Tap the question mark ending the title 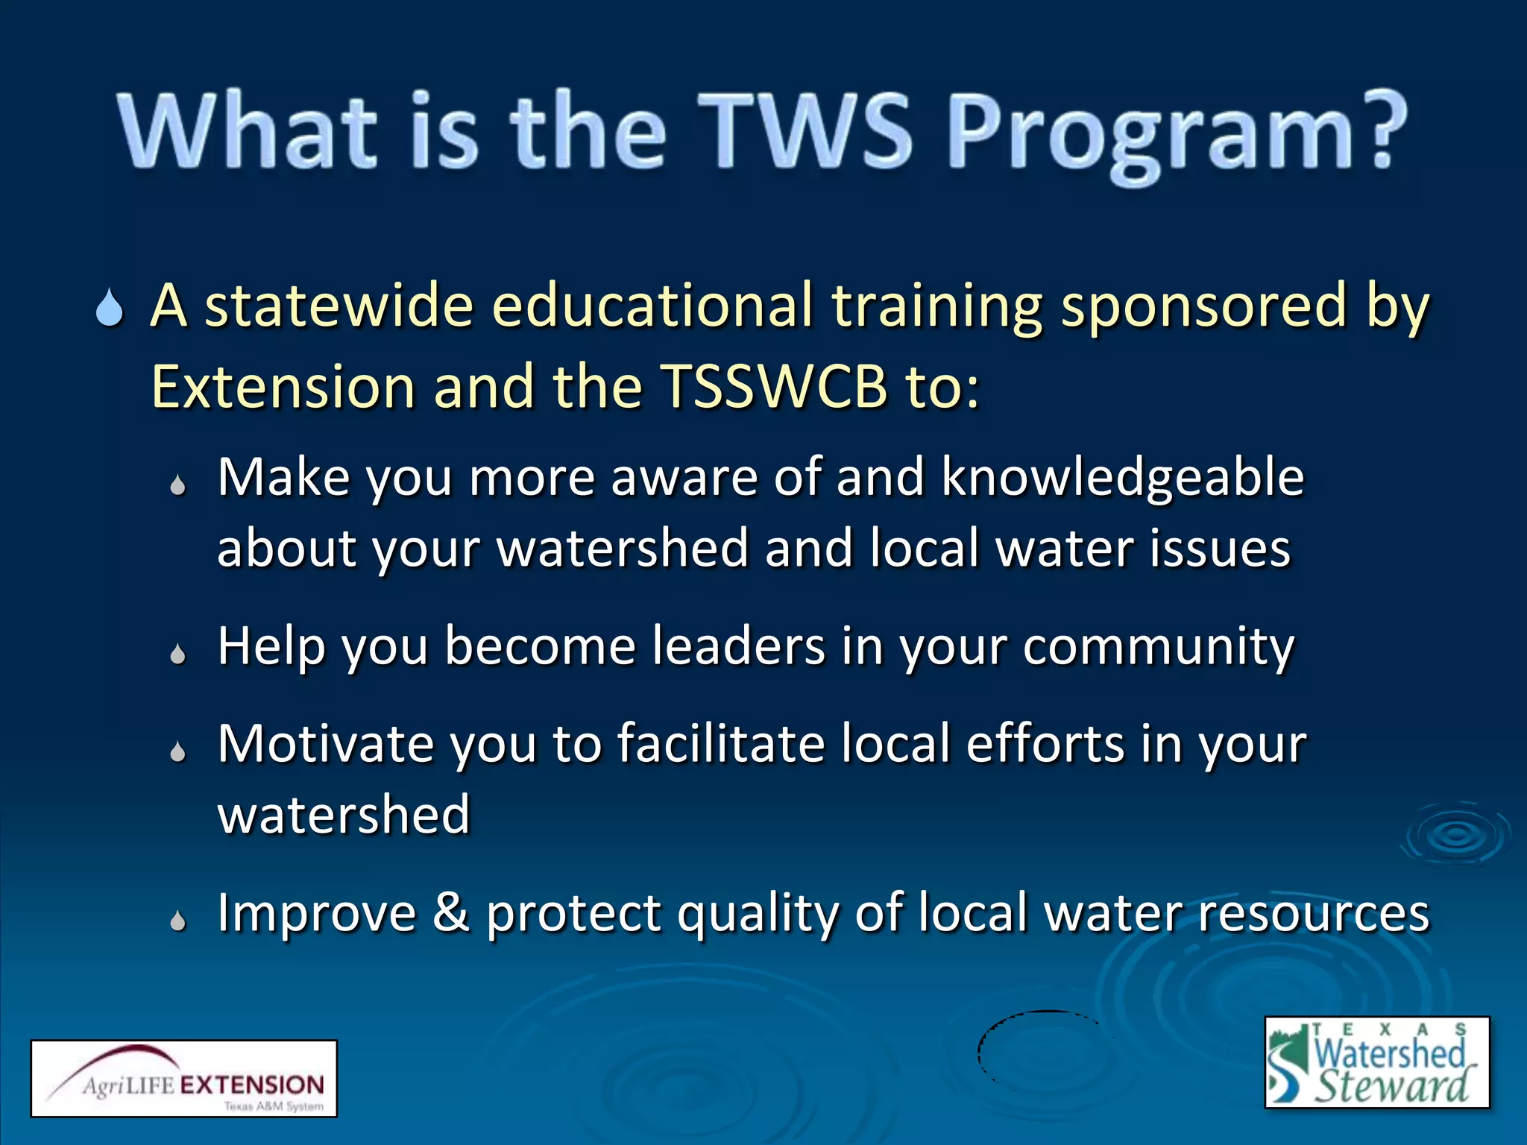pyautogui.click(x=1379, y=130)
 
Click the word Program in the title pyautogui.click(x=1152, y=134)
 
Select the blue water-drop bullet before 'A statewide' pyautogui.click(x=110, y=309)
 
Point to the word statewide pyautogui.click(x=339, y=306)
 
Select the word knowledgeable pyautogui.click(x=1122, y=477)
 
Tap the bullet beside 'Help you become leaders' pyautogui.click(x=177, y=654)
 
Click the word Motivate pyautogui.click(x=325, y=744)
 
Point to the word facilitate pyautogui.click(x=720, y=744)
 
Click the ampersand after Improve pyautogui.click(x=451, y=912)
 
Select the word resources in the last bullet pyautogui.click(x=1313, y=914)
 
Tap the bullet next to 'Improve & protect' pyautogui.click(x=177, y=921)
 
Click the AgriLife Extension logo pyautogui.click(x=183, y=1078)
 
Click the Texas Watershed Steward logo pyautogui.click(x=1376, y=1062)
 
